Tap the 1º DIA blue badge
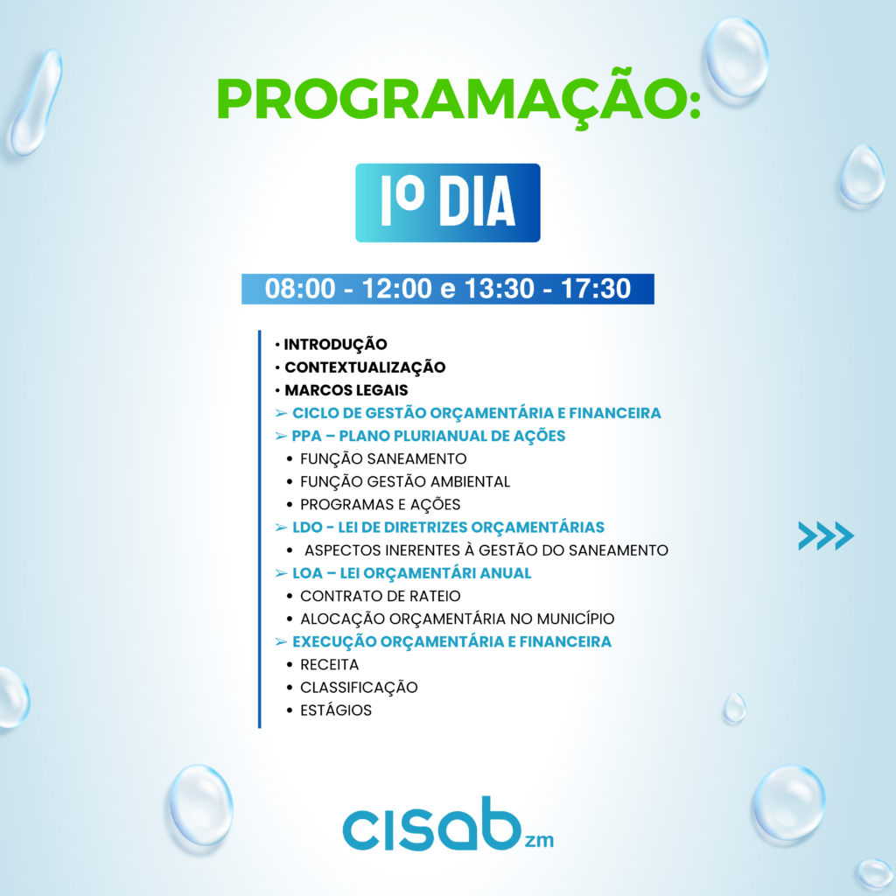(447, 203)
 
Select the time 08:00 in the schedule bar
(300, 289)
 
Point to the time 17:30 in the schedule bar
(596, 289)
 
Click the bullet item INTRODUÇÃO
(335, 345)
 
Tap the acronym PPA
(307, 436)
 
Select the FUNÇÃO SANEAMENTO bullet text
(383, 458)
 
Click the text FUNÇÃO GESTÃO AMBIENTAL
(405, 482)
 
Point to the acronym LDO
(307, 528)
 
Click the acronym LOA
(307, 573)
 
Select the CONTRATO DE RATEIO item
(380, 596)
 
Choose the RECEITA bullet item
(330, 665)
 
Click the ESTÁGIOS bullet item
(336, 710)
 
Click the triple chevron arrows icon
(826, 536)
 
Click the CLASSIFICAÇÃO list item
(359, 688)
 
